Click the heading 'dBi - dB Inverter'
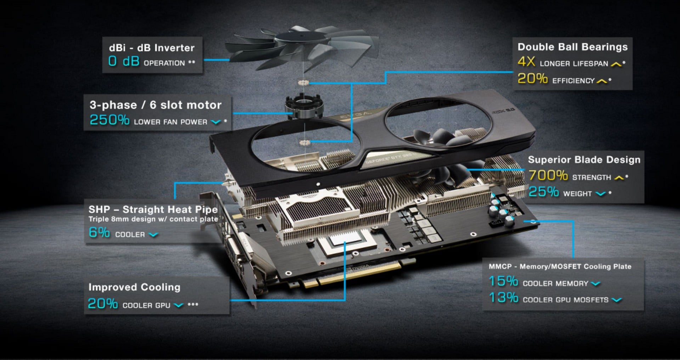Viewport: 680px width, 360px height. click(152, 48)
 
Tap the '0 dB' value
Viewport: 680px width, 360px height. click(124, 61)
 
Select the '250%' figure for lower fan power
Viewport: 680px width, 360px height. click(109, 120)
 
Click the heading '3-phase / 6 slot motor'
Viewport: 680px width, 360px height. click(155, 105)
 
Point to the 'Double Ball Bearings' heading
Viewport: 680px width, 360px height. click(572, 47)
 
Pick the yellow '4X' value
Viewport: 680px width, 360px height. click(526, 62)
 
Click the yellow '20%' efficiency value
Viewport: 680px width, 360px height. click(533, 79)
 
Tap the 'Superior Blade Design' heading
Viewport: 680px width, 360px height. click(584, 160)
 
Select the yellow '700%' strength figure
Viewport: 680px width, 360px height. click(548, 175)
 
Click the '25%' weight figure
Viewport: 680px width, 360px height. click(544, 192)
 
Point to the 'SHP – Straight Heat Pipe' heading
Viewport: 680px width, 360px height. click(153, 209)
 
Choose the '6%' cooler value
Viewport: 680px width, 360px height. click(99, 232)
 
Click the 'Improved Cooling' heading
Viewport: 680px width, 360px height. click(134, 287)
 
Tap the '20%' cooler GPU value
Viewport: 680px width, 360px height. click(103, 304)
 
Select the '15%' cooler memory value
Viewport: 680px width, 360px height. click(503, 281)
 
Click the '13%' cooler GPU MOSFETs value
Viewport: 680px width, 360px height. click(503, 298)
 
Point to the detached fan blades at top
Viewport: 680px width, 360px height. click(301, 48)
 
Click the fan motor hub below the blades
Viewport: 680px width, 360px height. click(304, 106)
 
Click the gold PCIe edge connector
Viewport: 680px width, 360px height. click(358, 275)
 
